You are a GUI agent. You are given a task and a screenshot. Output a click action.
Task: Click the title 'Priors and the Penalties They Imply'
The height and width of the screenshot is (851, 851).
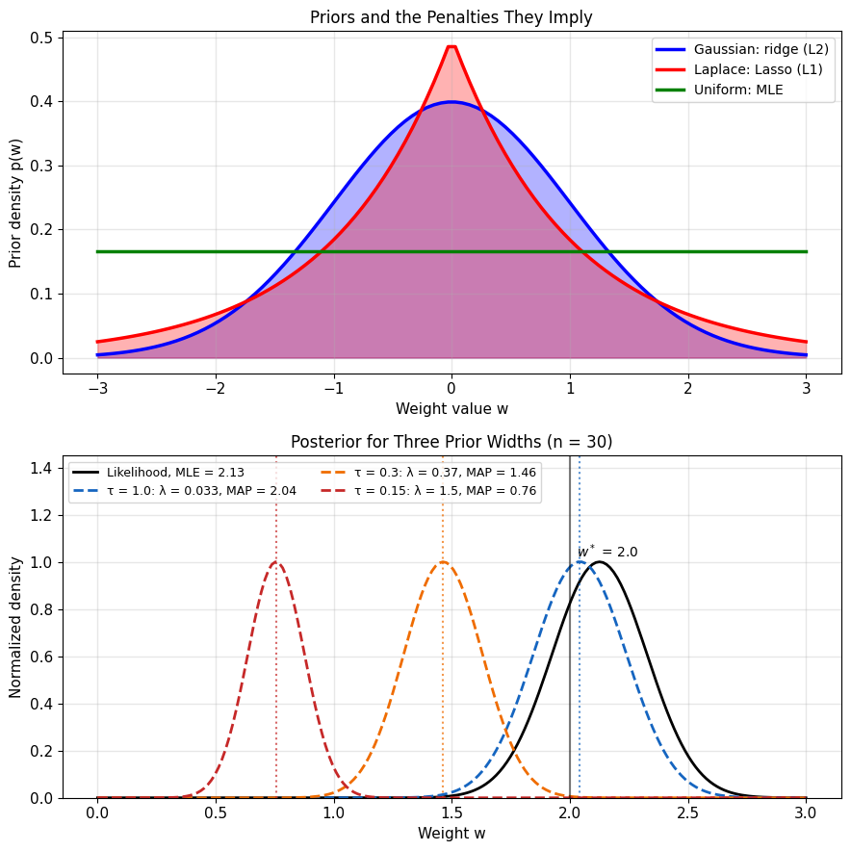pos(451,17)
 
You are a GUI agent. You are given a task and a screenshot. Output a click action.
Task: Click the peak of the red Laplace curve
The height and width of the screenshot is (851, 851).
pos(451,46)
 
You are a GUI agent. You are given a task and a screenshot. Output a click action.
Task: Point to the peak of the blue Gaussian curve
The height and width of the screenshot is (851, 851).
pos(451,101)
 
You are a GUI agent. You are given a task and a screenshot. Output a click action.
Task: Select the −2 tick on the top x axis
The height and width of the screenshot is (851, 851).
pos(216,389)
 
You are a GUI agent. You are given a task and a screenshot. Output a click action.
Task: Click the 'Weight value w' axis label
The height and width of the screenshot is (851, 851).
pos(451,409)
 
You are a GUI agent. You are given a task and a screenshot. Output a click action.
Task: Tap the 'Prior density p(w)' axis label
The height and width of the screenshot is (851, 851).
pos(14,203)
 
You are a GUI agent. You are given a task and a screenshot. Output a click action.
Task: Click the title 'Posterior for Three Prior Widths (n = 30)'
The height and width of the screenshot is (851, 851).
pos(451,442)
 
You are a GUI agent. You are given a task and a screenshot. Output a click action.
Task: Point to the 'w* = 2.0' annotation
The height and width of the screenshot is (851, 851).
pos(607,552)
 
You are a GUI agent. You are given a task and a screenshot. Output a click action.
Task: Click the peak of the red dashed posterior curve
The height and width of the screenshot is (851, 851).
pos(276,562)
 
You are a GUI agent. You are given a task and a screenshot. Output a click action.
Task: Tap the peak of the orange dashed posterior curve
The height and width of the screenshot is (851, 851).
pos(443,562)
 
